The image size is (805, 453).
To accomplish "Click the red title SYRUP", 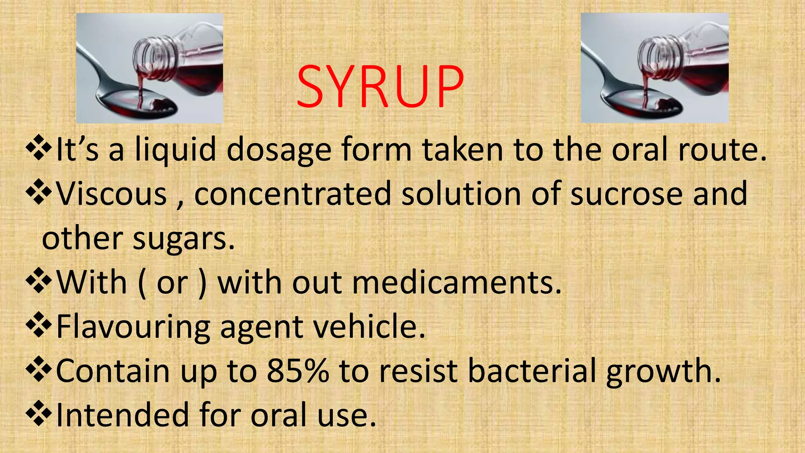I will (380, 86).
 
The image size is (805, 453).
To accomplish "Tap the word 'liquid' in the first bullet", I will (175, 149).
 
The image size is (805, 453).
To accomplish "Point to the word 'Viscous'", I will (112, 194).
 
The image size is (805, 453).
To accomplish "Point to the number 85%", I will (298, 370).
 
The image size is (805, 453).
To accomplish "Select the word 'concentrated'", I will (292, 194).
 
